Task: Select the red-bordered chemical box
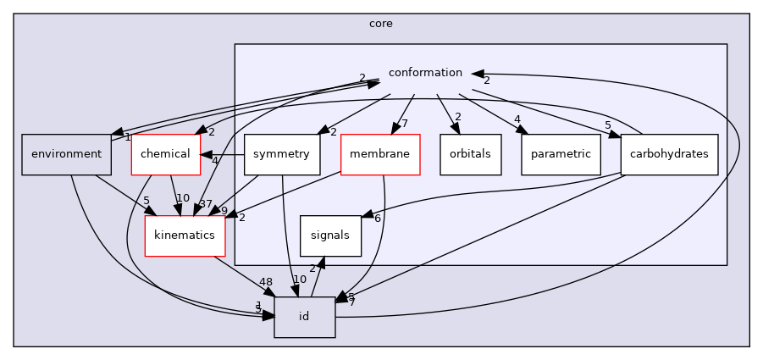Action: [165, 154]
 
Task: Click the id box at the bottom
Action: [304, 317]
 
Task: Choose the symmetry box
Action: [282, 154]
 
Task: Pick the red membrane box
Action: [380, 154]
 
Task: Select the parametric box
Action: [561, 154]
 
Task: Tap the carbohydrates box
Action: [669, 154]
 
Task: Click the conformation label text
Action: [425, 73]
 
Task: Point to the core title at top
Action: [381, 23]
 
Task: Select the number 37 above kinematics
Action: [207, 203]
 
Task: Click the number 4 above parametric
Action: [517, 119]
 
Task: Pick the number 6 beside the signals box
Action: [378, 218]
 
